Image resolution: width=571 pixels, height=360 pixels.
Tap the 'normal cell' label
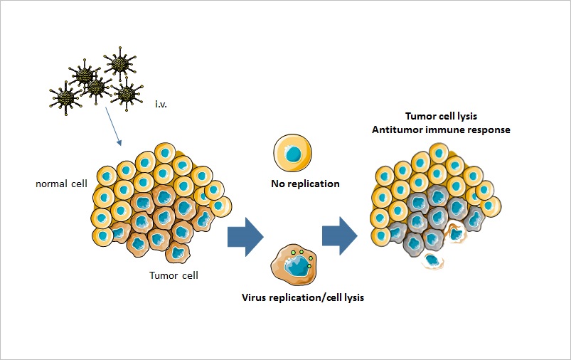coord(61,184)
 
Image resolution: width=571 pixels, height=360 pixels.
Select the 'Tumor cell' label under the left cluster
coord(174,275)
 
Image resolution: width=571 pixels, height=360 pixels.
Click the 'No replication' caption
coord(304,184)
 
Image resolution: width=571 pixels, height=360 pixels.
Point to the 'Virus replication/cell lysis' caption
coord(304,297)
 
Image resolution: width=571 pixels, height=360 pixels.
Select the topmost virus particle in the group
coord(117,64)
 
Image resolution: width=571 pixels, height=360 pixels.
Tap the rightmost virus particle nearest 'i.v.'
coord(127,92)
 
